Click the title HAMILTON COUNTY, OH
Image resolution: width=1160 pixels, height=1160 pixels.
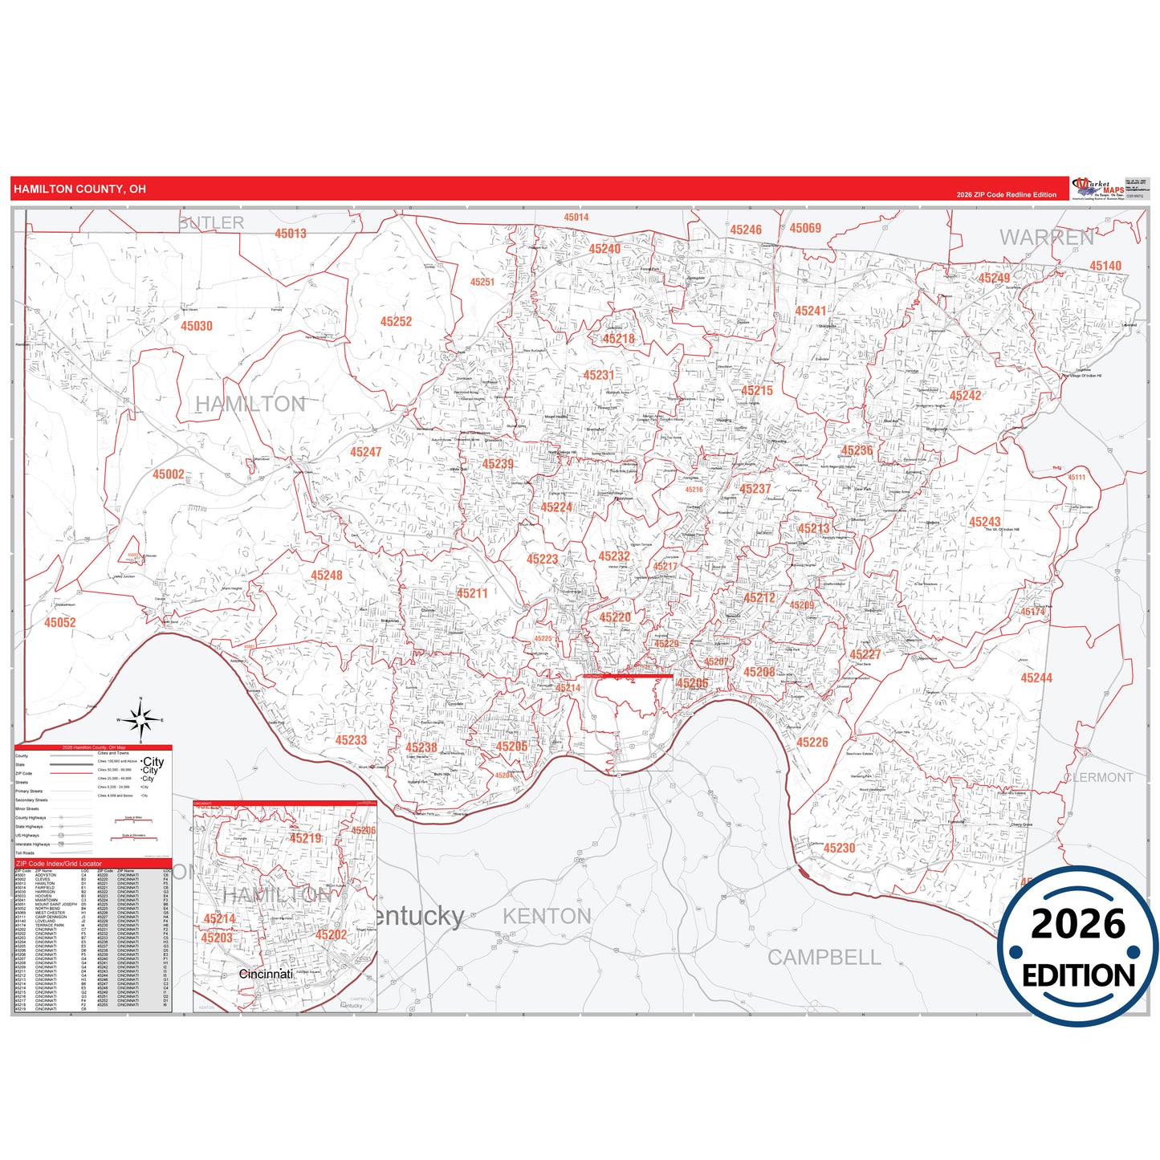pyautogui.click(x=79, y=189)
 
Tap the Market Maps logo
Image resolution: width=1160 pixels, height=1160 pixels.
pyautogui.click(x=1098, y=189)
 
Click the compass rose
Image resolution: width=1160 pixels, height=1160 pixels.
pyautogui.click(x=140, y=720)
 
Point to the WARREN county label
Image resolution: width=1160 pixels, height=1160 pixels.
pyautogui.click(x=1046, y=238)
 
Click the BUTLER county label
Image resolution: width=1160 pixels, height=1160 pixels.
pyautogui.click(x=211, y=223)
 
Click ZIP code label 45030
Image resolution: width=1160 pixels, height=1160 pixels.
pyautogui.click(x=197, y=326)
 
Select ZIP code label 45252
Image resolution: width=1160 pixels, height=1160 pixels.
pyautogui.click(x=396, y=321)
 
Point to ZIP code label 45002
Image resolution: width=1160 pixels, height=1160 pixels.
pyautogui.click(x=169, y=474)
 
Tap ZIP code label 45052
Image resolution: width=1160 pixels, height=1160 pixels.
pyautogui.click(x=60, y=622)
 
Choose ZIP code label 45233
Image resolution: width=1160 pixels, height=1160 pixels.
pyautogui.click(x=351, y=740)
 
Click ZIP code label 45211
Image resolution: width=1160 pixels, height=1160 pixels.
pyautogui.click(x=472, y=593)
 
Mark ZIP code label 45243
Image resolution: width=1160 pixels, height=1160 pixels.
pyautogui.click(x=984, y=522)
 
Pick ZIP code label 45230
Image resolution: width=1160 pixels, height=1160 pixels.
pyautogui.click(x=839, y=848)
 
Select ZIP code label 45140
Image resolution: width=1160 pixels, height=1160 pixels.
pyautogui.click(x=1105, y=266)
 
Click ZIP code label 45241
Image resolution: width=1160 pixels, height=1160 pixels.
pyautogui.click(x=811, y=311)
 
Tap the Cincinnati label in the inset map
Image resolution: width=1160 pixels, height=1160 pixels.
pyautogui.click(x=266, y=974)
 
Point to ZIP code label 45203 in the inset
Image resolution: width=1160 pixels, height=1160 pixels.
pyautogui.click(x=217, y=938)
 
